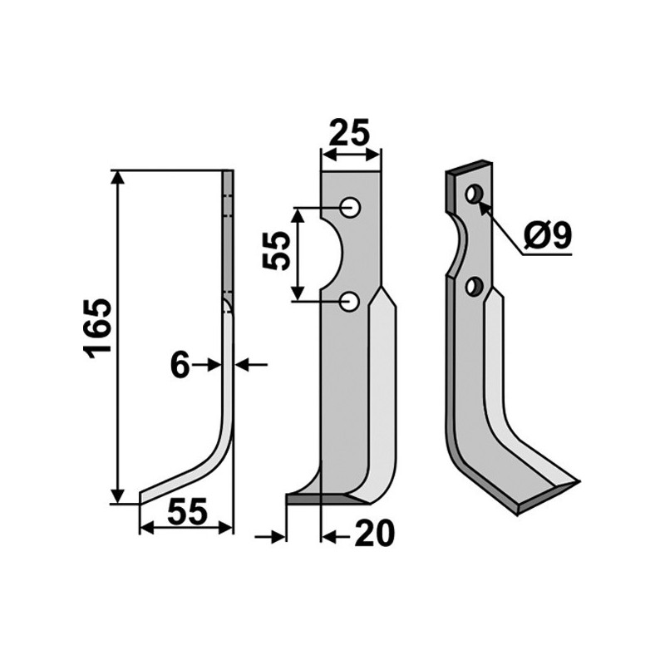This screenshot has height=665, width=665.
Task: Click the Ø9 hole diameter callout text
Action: pos(549,238)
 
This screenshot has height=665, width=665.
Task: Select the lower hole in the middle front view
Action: pos(351,300)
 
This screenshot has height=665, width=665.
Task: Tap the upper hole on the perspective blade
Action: pos(474,195)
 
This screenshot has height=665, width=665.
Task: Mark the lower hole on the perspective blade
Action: pos(474,288)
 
